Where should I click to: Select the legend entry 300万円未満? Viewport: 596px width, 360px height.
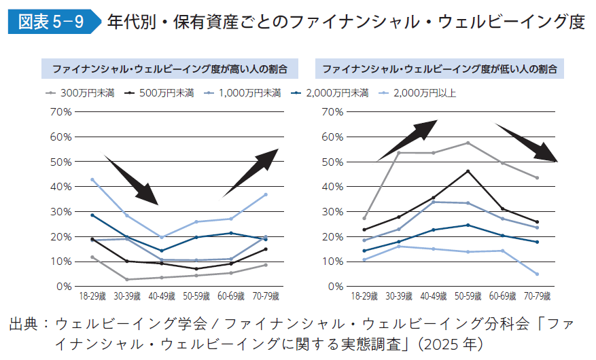coord(86,92)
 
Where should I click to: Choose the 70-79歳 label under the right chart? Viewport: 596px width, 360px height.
coord(537,298)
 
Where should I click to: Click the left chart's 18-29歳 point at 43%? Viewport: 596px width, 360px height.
coord(92,180)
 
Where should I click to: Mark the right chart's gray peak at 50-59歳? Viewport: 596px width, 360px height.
coord(468,143)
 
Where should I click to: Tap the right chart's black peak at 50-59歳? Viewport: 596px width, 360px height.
coord(468,171)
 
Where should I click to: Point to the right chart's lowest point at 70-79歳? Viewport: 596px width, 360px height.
coord(537,274)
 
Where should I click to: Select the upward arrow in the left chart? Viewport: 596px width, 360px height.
coord(251,173)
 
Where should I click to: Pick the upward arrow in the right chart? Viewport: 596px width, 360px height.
coord(408,139)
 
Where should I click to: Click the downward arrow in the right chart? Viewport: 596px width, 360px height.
coord(527,143)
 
